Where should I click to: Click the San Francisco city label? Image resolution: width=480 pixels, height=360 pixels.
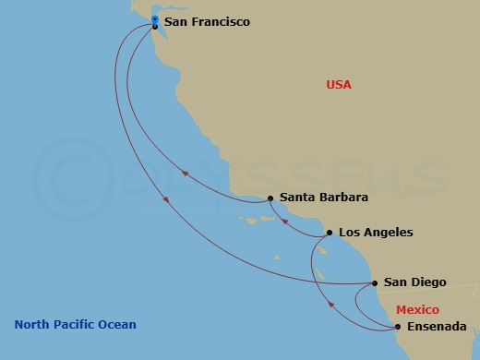click(207, 21)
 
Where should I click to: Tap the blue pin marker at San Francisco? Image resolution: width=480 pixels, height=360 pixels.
click(154, 19)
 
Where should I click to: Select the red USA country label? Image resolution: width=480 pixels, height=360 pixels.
click(339, 85)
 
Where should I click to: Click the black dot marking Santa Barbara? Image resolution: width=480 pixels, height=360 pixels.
click(270, 198)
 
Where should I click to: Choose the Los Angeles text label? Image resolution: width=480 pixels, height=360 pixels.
click(376, 233)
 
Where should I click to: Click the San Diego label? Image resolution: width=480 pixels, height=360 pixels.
click(415, 282)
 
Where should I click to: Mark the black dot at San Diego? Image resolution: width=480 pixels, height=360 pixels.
click(374, 282)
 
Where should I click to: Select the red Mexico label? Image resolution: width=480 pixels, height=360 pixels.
click(417, 310)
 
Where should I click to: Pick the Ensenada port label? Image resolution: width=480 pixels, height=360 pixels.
click(437, 327)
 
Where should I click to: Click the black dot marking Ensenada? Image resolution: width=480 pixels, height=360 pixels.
click(398, 327)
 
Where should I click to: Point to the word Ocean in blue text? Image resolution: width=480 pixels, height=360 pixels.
click(118, 324)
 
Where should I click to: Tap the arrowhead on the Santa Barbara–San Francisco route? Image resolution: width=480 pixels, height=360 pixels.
click(186, 173)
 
